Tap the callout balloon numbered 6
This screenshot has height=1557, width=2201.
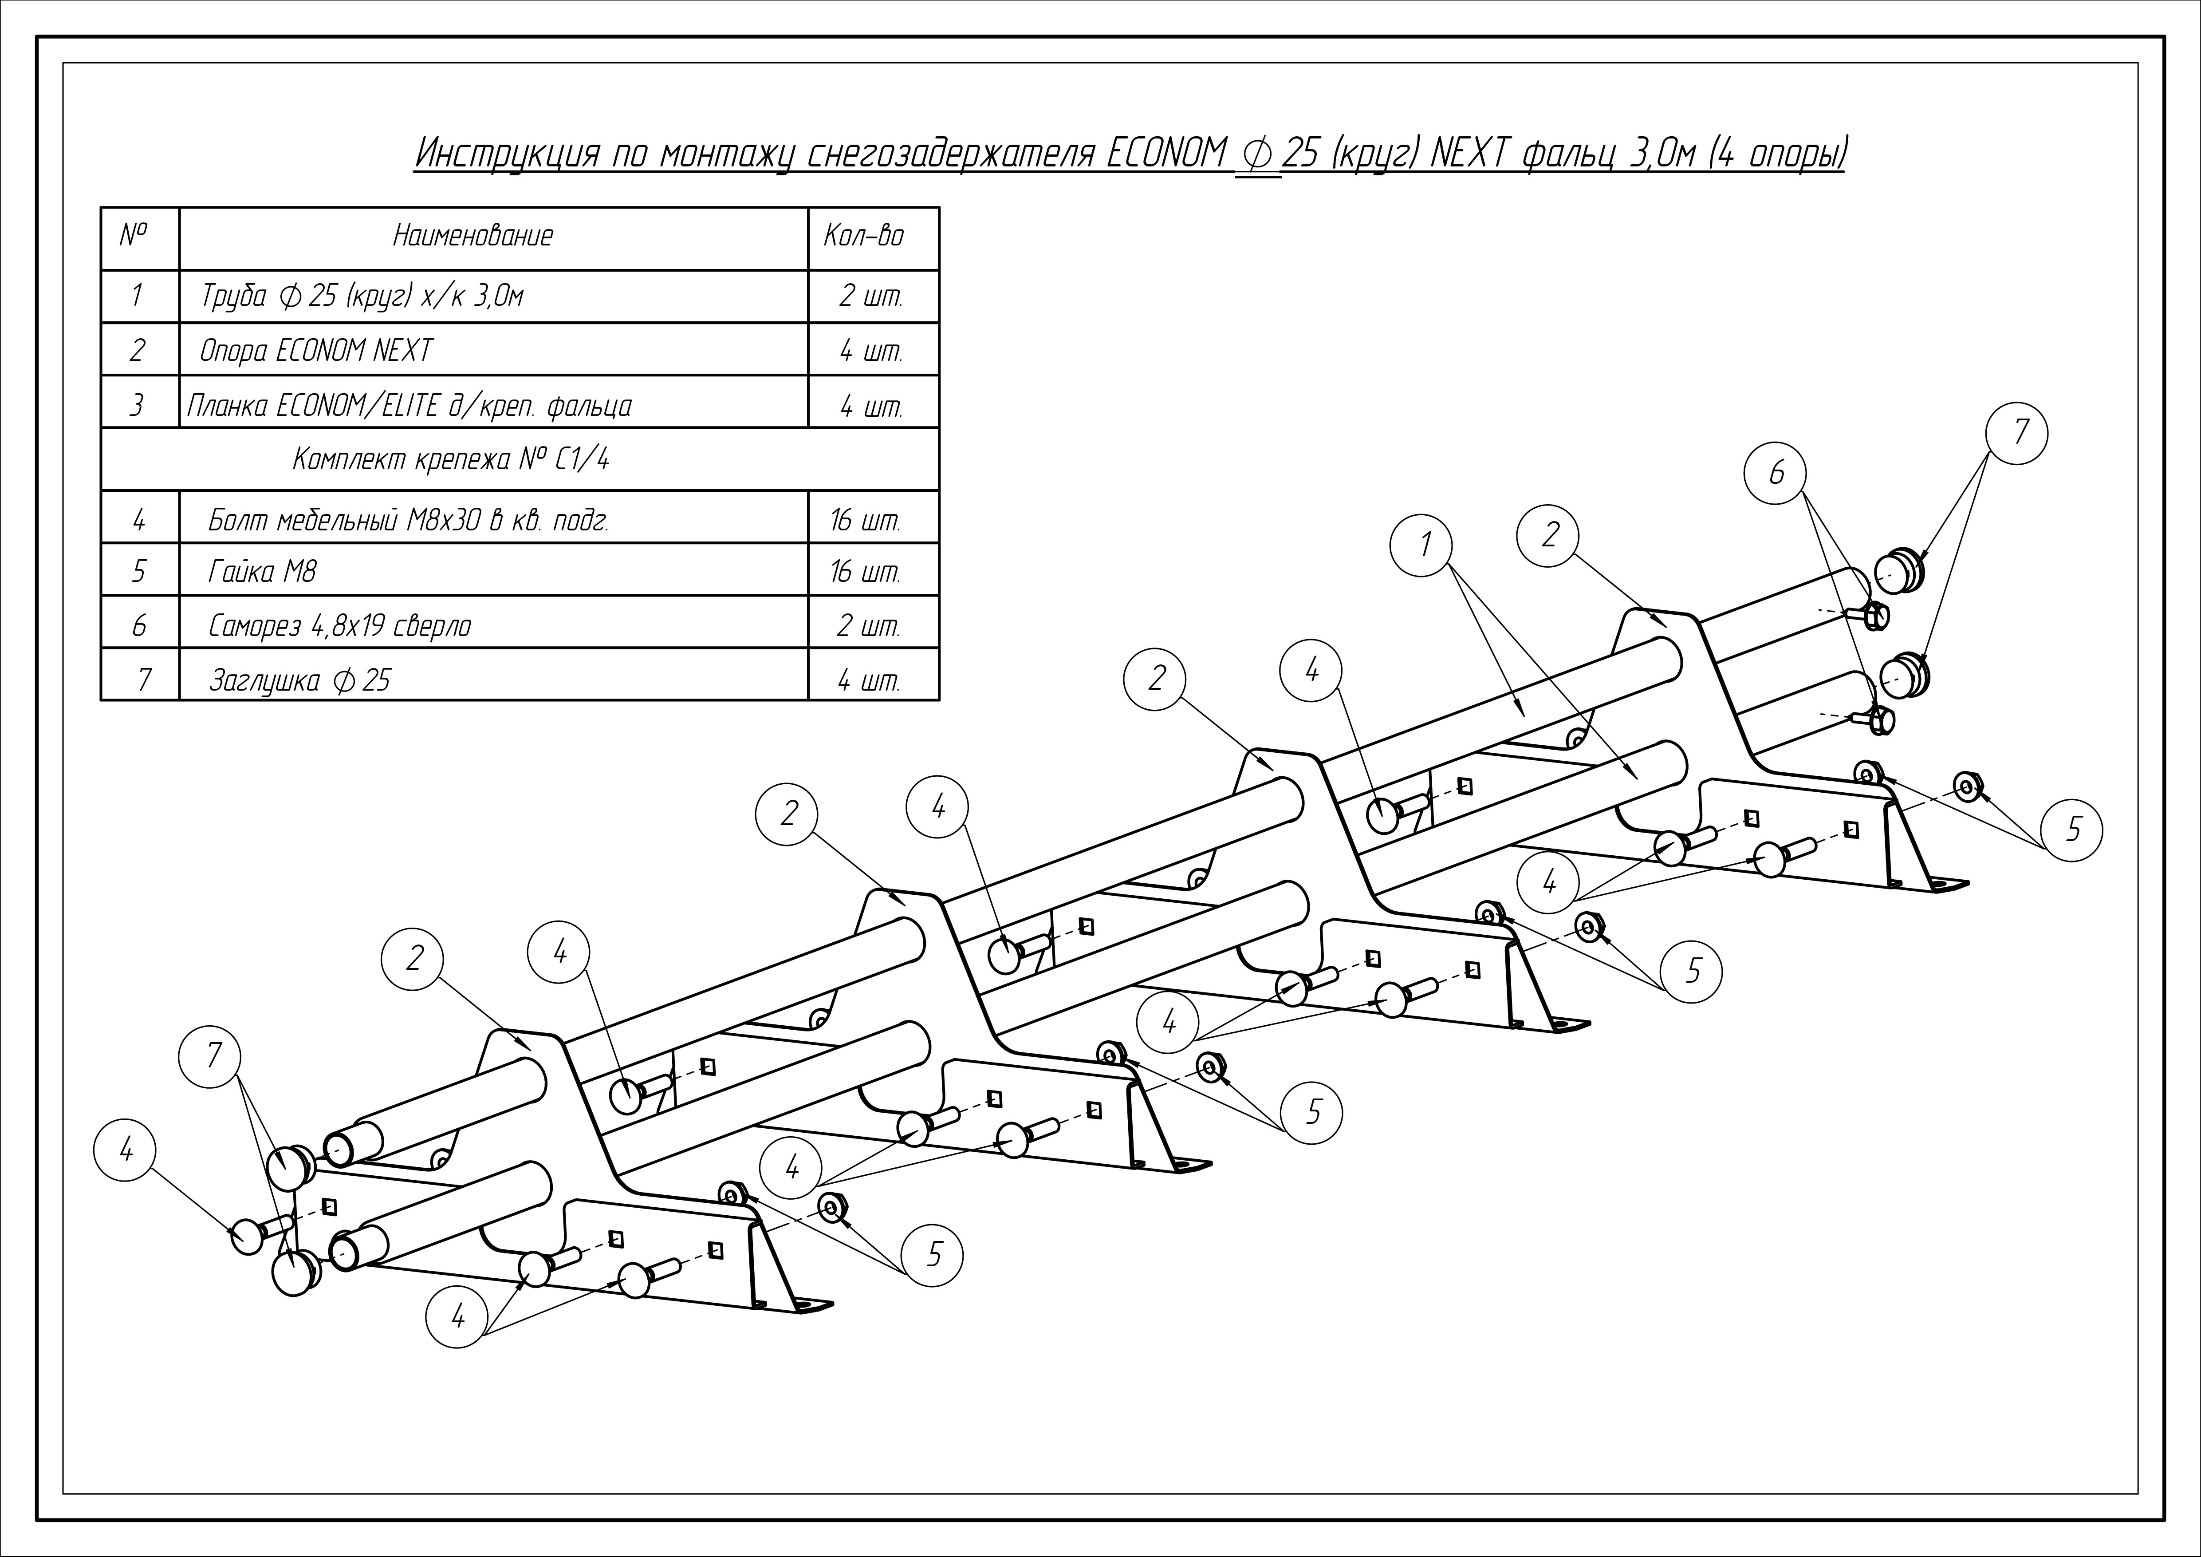1776,473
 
